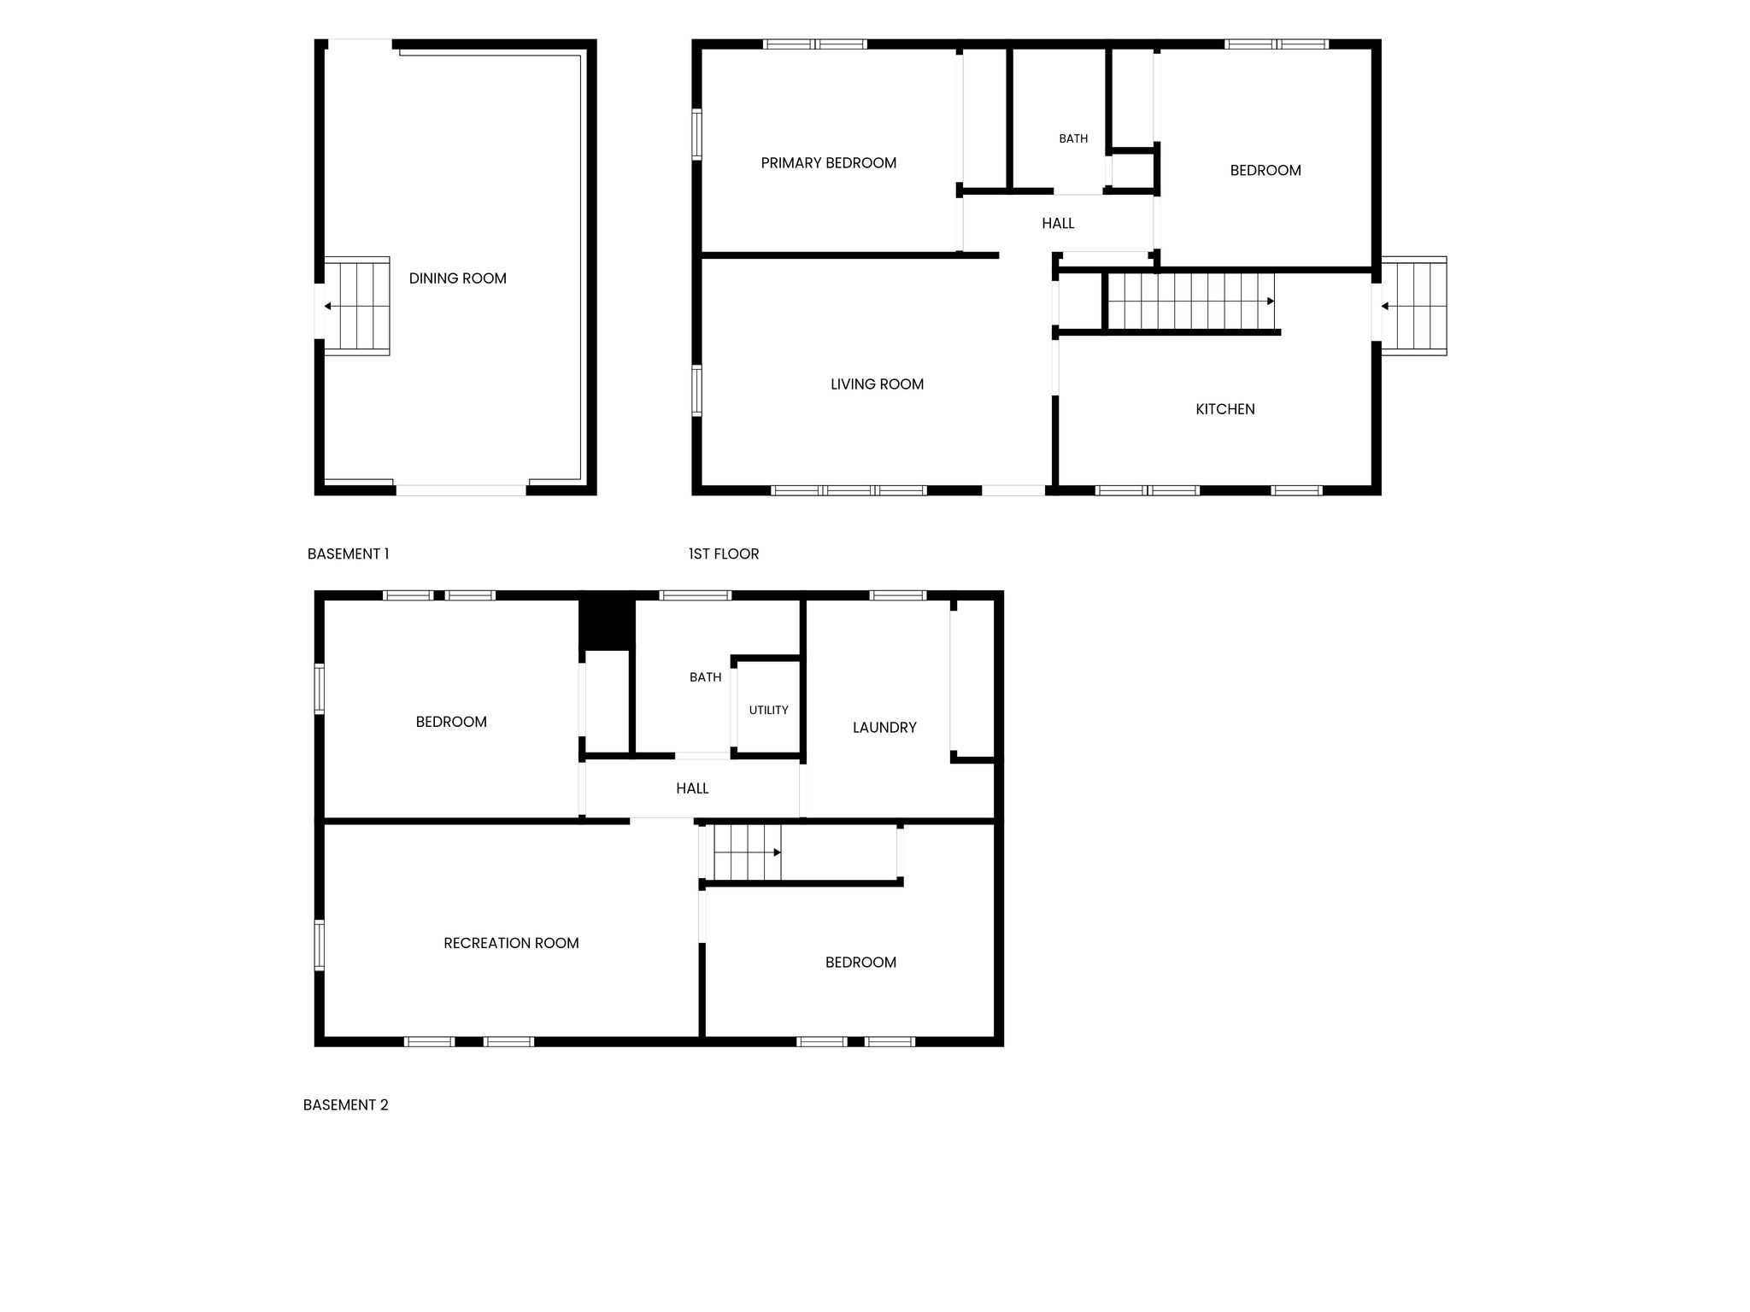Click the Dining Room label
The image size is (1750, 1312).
[x=458, y=278]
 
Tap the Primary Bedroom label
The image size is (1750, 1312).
[x=829, y=163]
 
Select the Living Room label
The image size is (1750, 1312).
[x=878, y=384]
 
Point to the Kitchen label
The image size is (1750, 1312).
[x=1225, y=409]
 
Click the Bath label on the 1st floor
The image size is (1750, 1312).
[x=1073, y=138]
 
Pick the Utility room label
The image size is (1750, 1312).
[x=769, y=710]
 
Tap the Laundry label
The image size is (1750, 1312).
[x=884, y=728]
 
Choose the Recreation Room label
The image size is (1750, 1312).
[x=511, y=943]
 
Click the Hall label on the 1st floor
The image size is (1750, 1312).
[x=1058, y=224]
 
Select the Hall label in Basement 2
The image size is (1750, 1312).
[x=692, y=788]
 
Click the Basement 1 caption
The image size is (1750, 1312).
[x=348, y=553]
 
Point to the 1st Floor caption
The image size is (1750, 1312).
[x=724, y=553]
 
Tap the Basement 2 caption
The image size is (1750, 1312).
[x=345, y=1104]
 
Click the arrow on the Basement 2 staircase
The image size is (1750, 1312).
[x=749, y=852]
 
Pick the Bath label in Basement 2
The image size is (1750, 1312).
[x=705, y=677]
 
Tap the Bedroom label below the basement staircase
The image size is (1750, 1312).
[x=860, y=963]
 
